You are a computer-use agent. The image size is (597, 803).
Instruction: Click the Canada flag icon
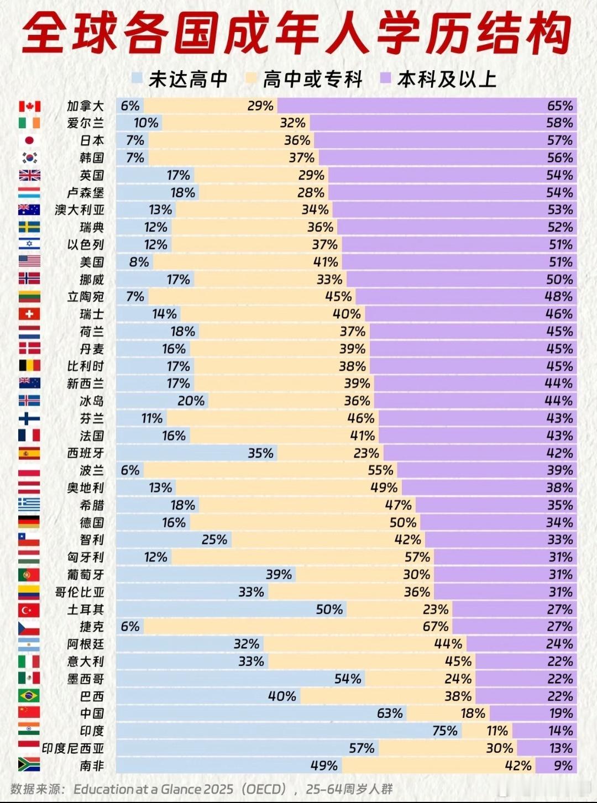[29, 106]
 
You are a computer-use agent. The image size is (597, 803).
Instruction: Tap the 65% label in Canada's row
[559, 106]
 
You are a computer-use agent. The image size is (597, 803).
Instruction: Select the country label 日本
[92, 140]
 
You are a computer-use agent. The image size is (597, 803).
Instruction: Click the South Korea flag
[29, 158]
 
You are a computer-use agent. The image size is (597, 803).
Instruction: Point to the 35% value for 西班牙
[260, 453]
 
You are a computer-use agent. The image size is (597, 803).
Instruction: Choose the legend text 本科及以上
[447, 79]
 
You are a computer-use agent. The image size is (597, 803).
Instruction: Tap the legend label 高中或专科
[312, 79]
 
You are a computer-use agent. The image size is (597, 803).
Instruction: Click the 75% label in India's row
[444, 731]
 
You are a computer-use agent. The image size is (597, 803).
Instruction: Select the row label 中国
[92, 713]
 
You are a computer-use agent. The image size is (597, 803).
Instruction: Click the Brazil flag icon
[29, 696]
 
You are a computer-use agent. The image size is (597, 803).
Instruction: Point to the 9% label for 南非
[563, 765]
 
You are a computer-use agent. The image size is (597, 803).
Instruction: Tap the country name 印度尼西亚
[73, 748]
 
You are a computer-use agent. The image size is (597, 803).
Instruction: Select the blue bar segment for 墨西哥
[221, 679]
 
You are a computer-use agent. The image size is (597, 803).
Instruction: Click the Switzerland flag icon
[29, 314]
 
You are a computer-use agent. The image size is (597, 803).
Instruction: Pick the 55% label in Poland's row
[380, 470]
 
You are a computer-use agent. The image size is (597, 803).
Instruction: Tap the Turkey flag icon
[29, 610]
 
